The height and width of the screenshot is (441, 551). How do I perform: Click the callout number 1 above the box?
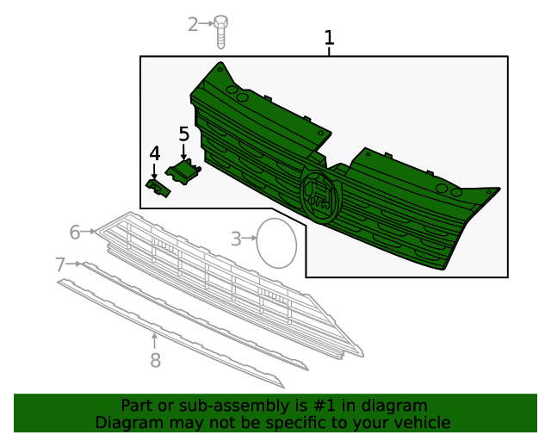coord(329,38)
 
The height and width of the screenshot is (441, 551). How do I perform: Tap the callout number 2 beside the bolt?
coord(193,25)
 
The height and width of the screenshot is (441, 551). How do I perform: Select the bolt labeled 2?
coord(220,32)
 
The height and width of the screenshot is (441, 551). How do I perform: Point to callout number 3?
coord(236,239)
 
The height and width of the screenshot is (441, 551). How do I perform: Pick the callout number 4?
coord(155,153)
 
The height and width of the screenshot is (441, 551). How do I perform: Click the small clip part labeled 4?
coord(158,188)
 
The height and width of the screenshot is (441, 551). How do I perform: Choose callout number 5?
coord(183,134)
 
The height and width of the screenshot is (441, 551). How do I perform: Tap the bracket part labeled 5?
coord(183,171)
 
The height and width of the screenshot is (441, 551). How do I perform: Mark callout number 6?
coord(75,233)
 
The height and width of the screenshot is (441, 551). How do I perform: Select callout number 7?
coord(60,264)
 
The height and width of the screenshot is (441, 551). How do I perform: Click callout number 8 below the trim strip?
coord(155,360)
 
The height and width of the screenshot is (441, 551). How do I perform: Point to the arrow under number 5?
coord(183,151)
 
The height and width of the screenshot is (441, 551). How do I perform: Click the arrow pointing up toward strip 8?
coord(154,343)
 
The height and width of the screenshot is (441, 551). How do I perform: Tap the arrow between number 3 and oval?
coord(249,238)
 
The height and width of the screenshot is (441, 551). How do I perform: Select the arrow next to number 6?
coord(88,232)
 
